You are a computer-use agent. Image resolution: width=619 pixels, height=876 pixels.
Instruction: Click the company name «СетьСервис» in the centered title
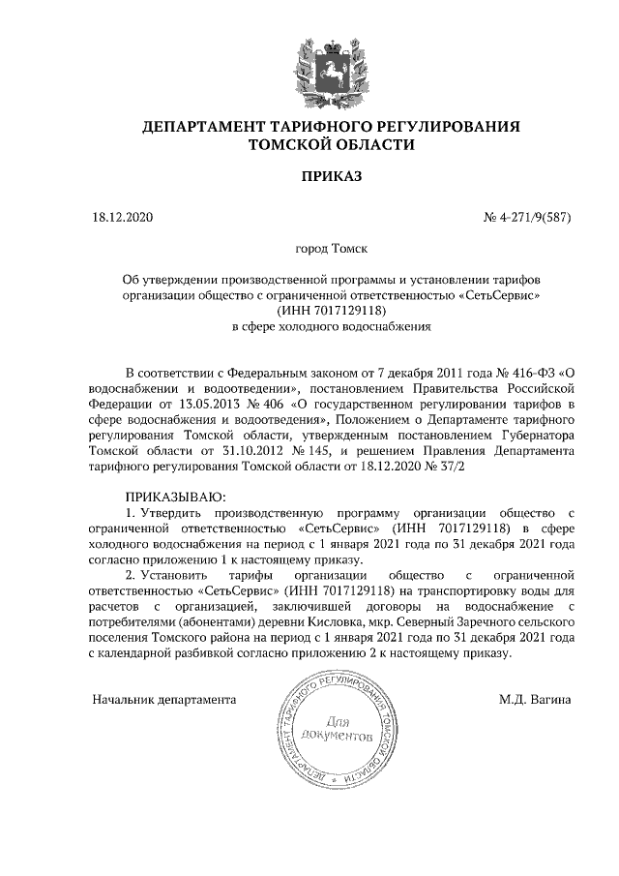tap(499, 293)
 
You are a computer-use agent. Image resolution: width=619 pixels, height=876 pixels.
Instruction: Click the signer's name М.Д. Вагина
tap(535, 699)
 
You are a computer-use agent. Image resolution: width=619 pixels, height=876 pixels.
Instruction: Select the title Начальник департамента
tap(164, 699)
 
